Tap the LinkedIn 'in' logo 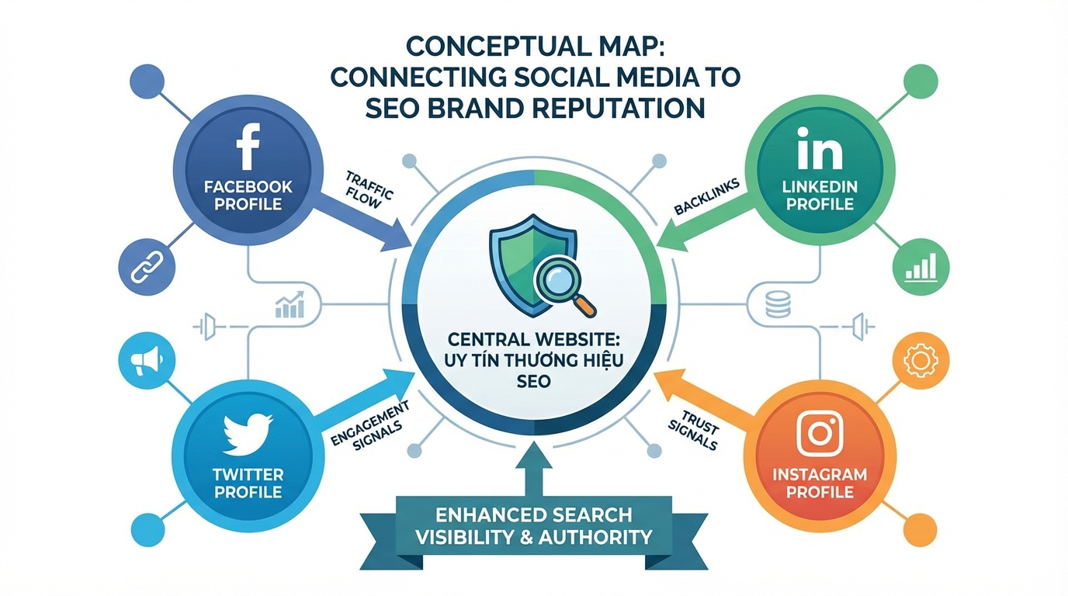click(820, 151)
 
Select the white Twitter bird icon click(248, 435)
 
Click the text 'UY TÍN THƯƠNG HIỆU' click(533, 362)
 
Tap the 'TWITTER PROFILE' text click(248, 483)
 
